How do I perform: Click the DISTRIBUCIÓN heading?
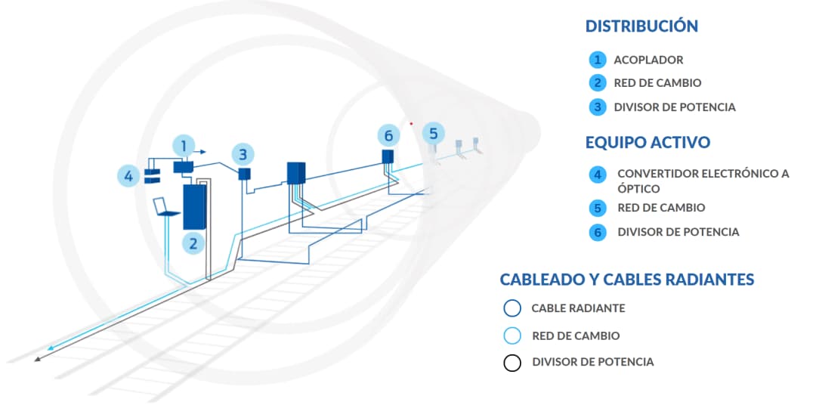[x=641, y=26]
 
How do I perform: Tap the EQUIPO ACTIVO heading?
[x=648, y=142]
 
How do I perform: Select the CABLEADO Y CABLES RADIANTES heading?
[x=626, y=280]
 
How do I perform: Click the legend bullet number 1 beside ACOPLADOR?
[x=598, y=60]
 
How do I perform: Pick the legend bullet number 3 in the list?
[x=598, y=107]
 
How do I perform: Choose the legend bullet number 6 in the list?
[x=598, y=232]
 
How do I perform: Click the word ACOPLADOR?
[x=648, y=60]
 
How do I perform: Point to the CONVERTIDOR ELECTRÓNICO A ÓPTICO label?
[x=703, y=181]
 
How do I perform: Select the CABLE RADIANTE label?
[x=578, y=308]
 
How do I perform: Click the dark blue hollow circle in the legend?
[x=512, y=308]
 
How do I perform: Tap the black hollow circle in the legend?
[x=512, y=363]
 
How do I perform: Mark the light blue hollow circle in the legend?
[x=512, y=335]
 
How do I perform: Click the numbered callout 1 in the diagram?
[x=184, y=144]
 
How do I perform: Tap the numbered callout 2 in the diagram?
[x=194, y=243]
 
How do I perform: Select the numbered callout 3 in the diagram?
[x=243, y=155]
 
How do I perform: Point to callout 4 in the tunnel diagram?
[x=128, y=177]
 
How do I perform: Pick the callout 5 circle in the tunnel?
[x=433, y=134]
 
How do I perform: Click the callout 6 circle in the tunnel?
[x=388, y=135]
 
